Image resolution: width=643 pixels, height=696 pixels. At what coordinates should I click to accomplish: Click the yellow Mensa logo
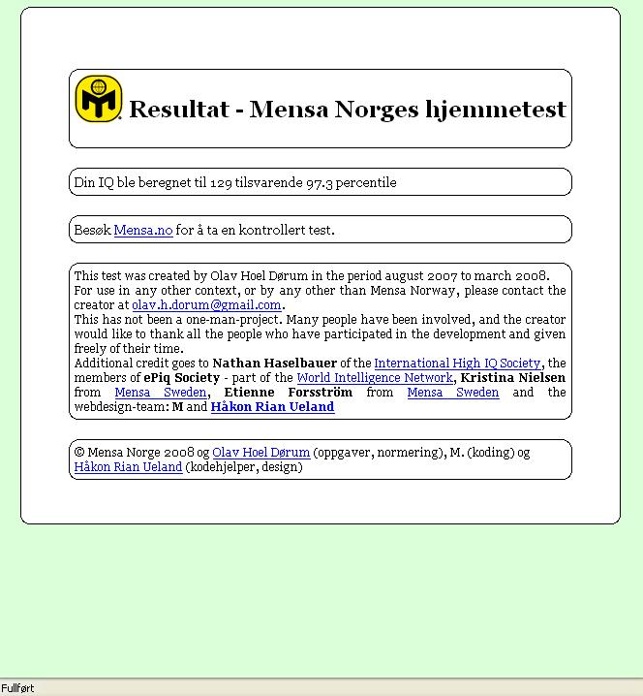click(x=99, y=98)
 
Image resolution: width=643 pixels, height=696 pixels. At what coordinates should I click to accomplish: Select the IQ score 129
click(x=221, y=182)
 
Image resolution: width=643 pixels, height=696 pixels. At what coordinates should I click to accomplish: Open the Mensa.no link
click(x=142, y=231)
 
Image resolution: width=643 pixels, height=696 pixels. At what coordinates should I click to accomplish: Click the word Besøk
click(x=92, y=231)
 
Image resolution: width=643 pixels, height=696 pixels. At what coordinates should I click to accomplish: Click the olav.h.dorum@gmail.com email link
click(x=206, y=305)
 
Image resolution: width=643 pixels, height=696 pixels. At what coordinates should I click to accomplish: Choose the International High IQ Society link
click(x=457, y=364)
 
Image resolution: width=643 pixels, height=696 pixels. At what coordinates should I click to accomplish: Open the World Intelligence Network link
click(x=375, y=378)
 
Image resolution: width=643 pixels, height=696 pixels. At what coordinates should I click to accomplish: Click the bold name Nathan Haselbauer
click(x=274, y=364)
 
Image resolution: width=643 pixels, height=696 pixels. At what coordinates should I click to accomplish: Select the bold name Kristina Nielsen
click(x=513, y=378)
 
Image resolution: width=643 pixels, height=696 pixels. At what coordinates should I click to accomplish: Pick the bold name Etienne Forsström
click(x=288, y=393)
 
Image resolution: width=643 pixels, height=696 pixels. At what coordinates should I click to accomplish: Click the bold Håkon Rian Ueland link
click(x=272, y=407)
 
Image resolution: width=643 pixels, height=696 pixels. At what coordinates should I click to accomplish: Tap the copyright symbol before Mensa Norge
click(x=79, y=453)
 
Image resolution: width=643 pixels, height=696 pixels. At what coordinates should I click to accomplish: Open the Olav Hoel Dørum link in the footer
click(x=261, y=453)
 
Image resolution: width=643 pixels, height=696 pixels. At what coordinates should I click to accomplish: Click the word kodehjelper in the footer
click(x=222, y=467)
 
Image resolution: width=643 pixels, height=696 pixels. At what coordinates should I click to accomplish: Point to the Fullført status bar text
click(x=17, y=688)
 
